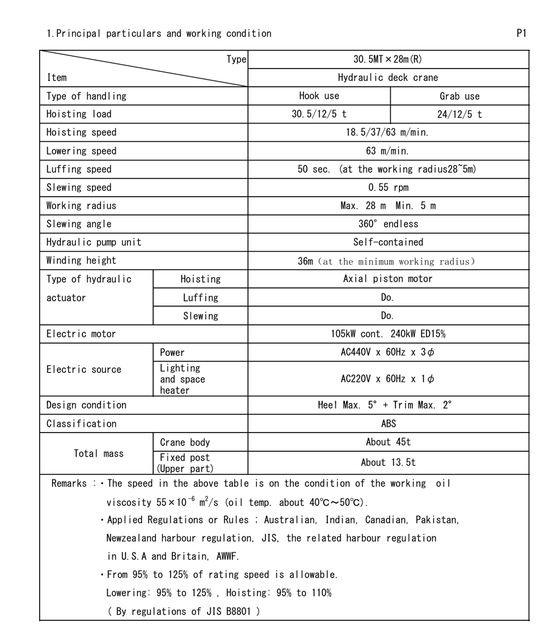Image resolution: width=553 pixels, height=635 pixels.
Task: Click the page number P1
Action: [x=521, y=33]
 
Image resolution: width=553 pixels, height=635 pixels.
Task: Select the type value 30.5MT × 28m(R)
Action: [x=388, y=60]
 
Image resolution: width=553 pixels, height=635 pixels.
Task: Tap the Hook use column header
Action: [x=319, y=96]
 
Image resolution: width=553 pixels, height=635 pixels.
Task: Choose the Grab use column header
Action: [x=459, y=96]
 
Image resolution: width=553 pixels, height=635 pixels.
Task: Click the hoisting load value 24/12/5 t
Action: [x=459, y=115]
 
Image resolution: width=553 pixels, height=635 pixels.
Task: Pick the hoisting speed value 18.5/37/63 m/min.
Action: [x=388, y=133]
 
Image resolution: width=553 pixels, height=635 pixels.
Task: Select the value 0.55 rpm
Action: [x=388, y=188]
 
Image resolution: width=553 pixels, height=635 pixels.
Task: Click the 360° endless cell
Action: [x=388, y=224]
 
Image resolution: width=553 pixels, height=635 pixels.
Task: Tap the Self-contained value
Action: [x=388, y=242]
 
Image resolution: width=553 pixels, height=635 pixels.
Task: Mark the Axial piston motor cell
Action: [x=388, y=279]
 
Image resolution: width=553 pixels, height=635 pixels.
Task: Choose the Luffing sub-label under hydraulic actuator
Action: [x=200, y=298]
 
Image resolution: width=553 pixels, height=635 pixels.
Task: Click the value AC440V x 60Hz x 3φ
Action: [x=388, y=352]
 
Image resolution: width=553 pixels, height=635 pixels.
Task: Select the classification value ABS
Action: [x=388, y=424]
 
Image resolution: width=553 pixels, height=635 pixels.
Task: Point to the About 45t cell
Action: [x=388, y=442]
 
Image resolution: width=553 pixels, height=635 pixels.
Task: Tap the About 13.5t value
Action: [x=388, y=463]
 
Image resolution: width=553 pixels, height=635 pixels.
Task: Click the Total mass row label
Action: [x=99, y=454]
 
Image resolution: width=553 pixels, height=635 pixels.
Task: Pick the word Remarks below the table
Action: [x=69, y=484]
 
